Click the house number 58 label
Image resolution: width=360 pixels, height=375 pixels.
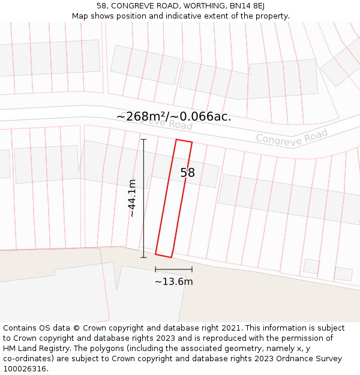pos(188,173)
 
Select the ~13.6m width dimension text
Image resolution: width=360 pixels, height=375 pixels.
pos(174,281)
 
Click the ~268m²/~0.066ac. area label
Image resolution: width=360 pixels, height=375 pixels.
pos(174,117)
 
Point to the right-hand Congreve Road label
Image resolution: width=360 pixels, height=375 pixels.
pos(292,136)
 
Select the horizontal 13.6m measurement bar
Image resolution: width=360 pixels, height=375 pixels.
pos(174,269)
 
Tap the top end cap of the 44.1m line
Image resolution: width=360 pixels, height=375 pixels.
pos(143,139)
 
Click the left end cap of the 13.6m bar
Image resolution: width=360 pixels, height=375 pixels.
pos(155,269)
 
